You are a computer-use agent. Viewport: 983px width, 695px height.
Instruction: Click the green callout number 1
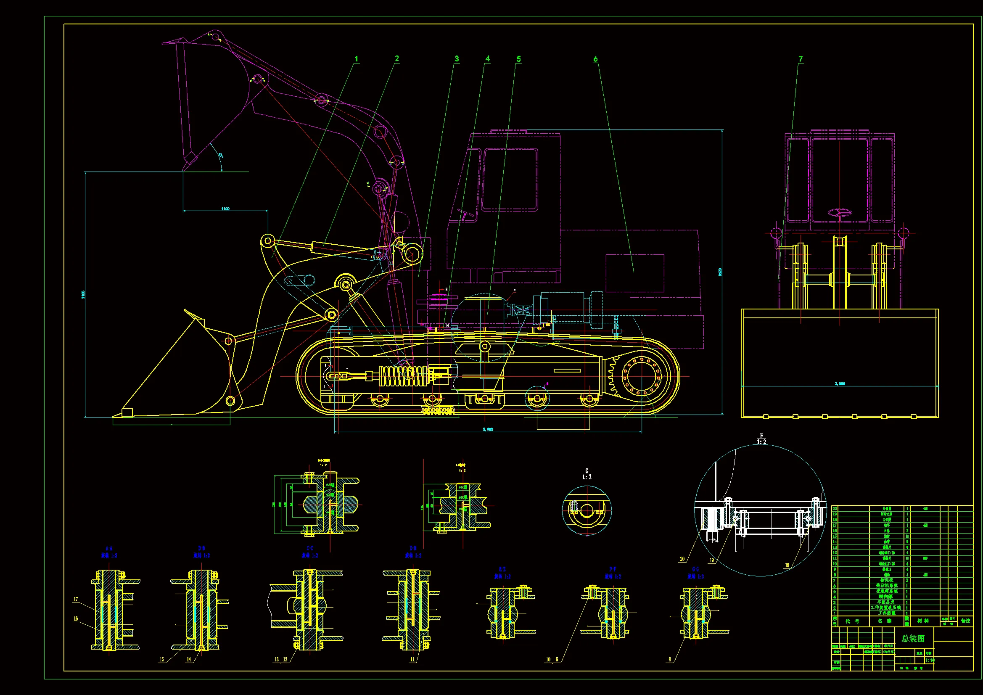tap(356, 59)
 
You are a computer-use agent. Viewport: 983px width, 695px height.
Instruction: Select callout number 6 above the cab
tap(595, 59)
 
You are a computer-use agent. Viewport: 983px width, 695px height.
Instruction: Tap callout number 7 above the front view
tap(800, 59)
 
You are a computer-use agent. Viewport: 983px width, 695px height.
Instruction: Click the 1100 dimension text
tap(225, 209)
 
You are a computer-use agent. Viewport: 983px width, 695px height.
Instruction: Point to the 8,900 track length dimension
tap(488, 429)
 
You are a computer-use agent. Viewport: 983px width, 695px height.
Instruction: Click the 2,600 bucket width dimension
tap(840, 384)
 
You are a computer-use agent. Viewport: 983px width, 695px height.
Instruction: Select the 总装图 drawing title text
tap(913, 639)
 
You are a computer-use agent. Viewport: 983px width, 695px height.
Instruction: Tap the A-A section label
tap(109, 548)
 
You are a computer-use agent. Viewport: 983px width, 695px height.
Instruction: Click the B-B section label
tap(202, 548)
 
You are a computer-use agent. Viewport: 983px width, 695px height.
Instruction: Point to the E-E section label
tap(502, 569)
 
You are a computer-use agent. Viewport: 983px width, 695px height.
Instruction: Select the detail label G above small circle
tap(587, 471)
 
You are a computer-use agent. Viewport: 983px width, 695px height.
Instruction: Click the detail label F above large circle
tap(761, 436)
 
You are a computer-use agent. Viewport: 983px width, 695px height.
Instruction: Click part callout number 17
tap(76, 600)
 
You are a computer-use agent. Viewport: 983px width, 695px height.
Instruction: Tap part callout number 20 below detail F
tap(682, 559)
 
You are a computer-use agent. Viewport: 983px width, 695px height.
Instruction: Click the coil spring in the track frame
tap(402, 375)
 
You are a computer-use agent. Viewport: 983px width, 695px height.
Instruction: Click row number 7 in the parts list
tap(835, 581)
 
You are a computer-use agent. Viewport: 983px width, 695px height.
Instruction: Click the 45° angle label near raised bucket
tap(220, 156)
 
